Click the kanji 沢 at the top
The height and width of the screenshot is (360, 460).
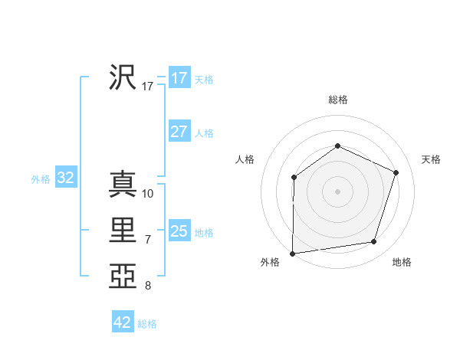123,77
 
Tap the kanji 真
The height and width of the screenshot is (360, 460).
123,185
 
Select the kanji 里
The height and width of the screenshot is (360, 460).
123,231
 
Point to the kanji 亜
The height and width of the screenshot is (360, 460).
123,277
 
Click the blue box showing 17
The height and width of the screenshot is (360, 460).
179,77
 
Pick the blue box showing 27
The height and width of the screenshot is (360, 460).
179,131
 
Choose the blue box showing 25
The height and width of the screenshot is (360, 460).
179,231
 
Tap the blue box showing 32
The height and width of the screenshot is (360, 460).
66,178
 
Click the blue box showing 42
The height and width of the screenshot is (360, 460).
122,322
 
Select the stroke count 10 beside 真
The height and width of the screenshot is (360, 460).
148,194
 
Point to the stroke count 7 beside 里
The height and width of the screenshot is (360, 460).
148,240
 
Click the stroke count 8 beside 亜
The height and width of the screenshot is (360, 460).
148,286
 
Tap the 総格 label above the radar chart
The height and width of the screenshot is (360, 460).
338,100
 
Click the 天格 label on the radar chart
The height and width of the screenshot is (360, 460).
431,159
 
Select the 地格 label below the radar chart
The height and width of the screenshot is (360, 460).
402,262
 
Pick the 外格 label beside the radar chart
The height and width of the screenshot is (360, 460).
270,262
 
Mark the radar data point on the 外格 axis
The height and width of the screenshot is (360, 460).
292,254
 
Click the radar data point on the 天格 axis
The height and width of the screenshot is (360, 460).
396,172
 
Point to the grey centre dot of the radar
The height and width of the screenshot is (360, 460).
337,191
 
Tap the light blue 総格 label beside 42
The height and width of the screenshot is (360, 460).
147,324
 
